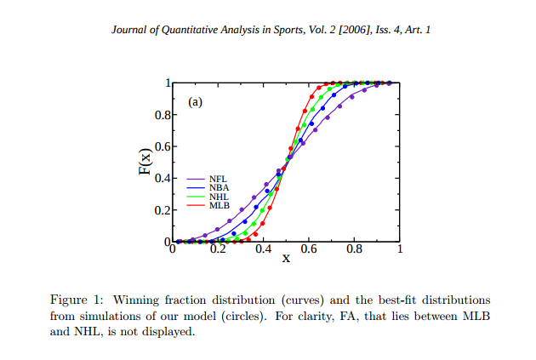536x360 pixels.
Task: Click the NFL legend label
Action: pyautogui.click(x=218, y=179)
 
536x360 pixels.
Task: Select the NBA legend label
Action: pyautogui.click(x=220, y=188)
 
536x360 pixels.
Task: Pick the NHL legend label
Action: pyautogui.click(x=219, y=197)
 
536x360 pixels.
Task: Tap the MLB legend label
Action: pyautogui.click(x=220, y=205)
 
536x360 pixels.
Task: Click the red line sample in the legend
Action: pyautogui.click(x=196, y=205)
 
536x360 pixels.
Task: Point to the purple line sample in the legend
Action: pyautogui.click(x=196, y=179)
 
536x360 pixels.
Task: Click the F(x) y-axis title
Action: pyautogui.click(x=145, y=162)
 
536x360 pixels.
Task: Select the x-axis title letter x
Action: pyautogui.click(x=286, y=258)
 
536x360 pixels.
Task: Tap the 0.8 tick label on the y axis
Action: pyautogui.click(x=163, y=115)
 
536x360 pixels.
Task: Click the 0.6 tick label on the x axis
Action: pyautogui.click(x=309, y=249)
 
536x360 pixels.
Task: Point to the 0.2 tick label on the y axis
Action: pyautogui.click(x=163, y=210)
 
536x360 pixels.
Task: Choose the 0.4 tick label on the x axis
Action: pyautogui.click(x=263, y=249)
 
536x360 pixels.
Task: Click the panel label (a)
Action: pyautogui.click(x=195, y=102)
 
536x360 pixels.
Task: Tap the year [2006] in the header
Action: pyautogui.click(x=356, y=30)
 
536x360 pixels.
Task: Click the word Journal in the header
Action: pyautogui.click(x=128, y=30)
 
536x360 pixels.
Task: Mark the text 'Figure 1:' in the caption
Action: pyautogui.click(x=77, y=300)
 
